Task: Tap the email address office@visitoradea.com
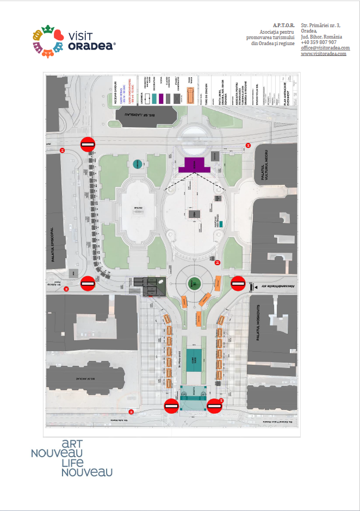pos(325,48)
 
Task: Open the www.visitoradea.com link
pos(324,54)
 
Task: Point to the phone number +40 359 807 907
pos(318,42)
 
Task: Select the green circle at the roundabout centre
pos(194,283)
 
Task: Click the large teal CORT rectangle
pos(191,360)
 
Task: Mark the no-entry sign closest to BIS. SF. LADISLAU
pos(88,144)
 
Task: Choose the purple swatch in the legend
pos(154,98)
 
